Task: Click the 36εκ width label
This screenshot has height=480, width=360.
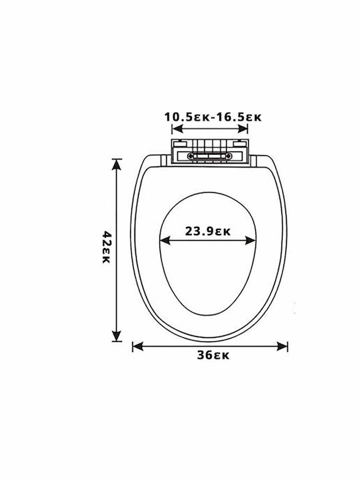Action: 213,355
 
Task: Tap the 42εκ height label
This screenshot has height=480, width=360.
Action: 106,247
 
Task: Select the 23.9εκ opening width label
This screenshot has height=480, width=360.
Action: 207,231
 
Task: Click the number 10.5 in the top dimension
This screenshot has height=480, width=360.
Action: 179,117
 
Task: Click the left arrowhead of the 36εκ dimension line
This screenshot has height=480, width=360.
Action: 138,347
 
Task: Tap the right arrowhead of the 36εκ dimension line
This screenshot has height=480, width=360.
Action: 282,347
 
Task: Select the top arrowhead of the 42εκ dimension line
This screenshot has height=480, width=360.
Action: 116,165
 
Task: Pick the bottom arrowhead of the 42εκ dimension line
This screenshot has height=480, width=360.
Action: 116,335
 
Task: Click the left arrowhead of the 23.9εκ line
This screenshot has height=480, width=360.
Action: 165,241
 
